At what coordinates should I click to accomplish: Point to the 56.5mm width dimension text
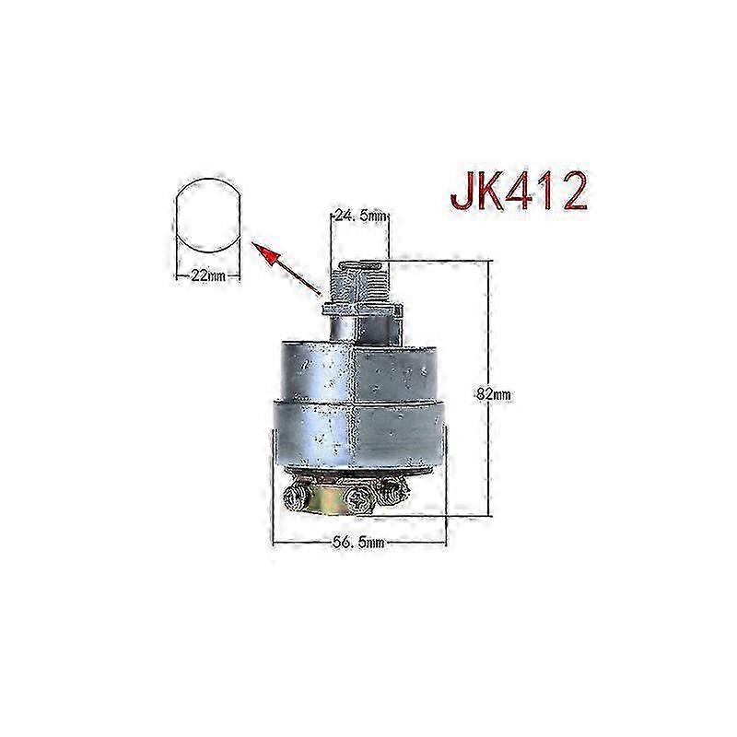[x=358, y=544]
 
